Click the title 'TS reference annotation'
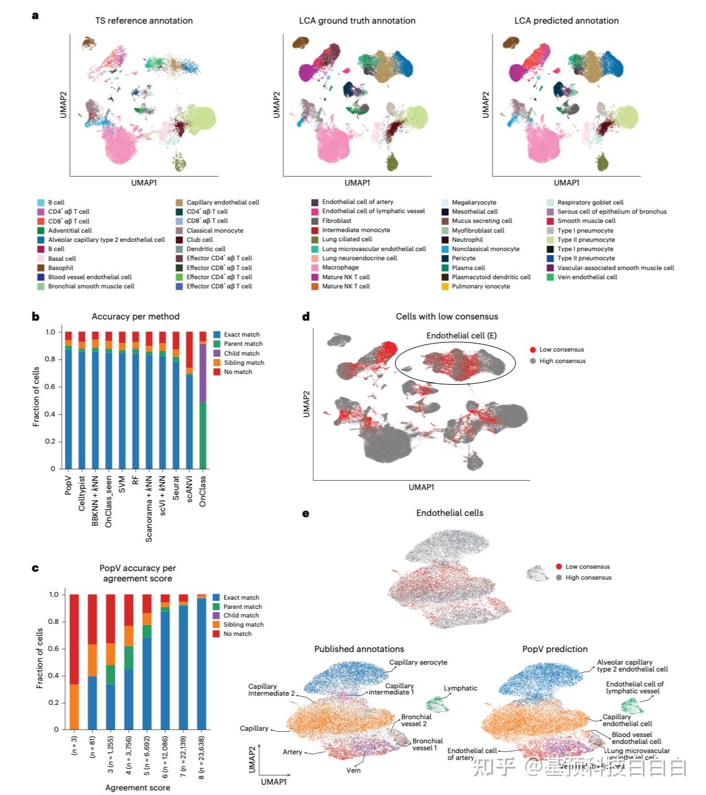(x=143, y=21)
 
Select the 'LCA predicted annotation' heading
(x=566, y=21)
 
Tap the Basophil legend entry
(x=60, y=268)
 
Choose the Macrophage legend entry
(x=340, y=267)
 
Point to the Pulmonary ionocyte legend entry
(x=480, y=286)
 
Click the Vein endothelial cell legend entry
(x=587, y=277)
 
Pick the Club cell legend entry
(x=199, y=240)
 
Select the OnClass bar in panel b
(x=203, y=402)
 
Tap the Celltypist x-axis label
(x=82, y=492)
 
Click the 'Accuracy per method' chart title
(x=135, y=317)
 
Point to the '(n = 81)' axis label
(x=92, y=758)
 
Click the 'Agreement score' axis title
(x=137, y=788)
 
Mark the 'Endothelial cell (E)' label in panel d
(x=461, y=335)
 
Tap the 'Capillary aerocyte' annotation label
(x=418, y=662)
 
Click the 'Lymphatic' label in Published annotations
(x=460, y=688)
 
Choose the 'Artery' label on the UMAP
(x=292, y=752)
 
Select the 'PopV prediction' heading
(x=554, y=649)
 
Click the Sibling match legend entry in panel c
(x=243, y=624)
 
